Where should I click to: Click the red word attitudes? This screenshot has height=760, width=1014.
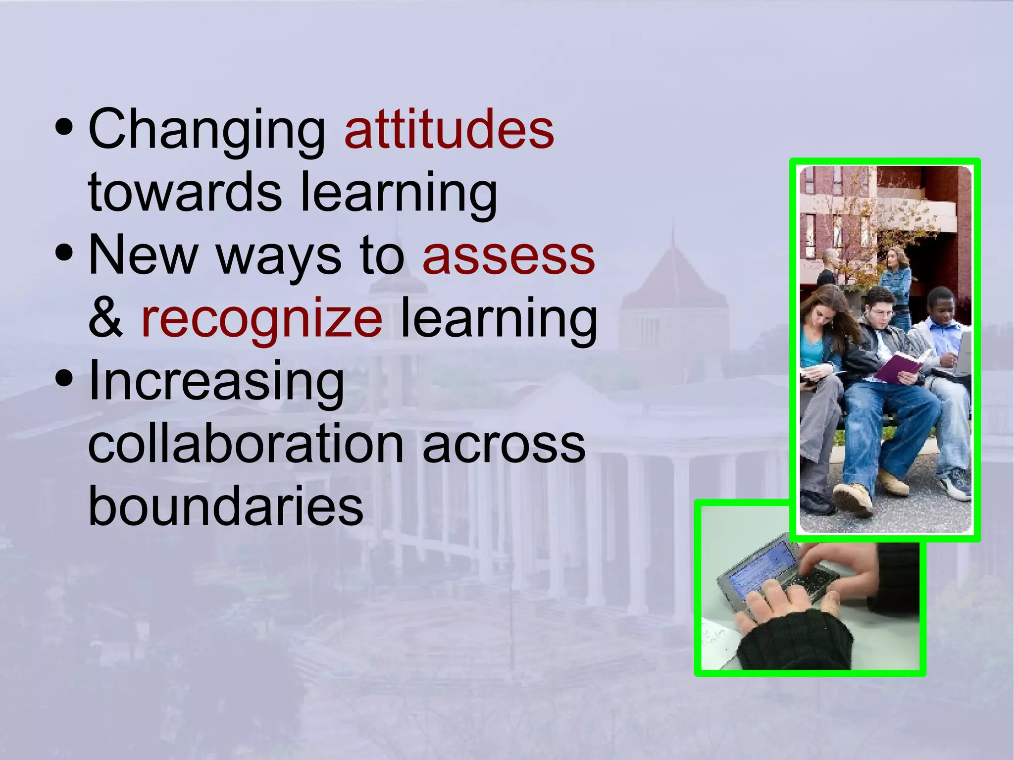449,130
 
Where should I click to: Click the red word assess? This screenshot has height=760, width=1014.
508,256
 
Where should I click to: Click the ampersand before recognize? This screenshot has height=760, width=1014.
105,318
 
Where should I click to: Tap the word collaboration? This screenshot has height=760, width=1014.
246,444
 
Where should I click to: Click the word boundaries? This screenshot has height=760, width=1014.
225,507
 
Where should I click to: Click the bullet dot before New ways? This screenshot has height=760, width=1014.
64,253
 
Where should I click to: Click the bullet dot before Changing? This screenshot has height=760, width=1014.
64,127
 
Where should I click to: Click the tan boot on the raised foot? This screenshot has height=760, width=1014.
854,498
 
